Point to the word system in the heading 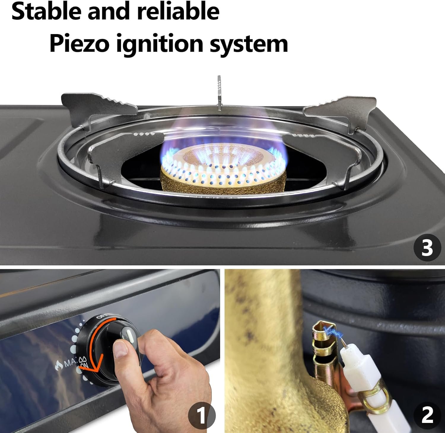(249, 44)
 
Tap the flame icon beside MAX (59, 364)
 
